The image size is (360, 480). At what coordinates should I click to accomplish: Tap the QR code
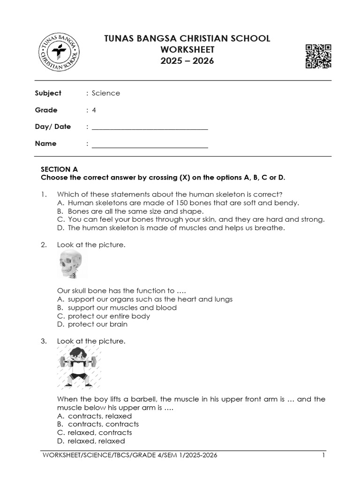pyautogui.click(x=318, y=56)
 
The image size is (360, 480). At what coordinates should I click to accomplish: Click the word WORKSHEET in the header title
pyautogui.click(x=187, y=50)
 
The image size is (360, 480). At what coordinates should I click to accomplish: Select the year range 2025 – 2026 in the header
pyautogui.click(x=187, y=61)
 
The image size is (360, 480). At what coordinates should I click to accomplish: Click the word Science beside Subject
pyautogui.click(x=106, y=93)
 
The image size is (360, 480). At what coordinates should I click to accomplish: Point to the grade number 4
pyautogui.click(x=94, y=110)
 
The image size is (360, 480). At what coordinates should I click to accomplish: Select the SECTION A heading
pyautogui.click(x=59, y=169)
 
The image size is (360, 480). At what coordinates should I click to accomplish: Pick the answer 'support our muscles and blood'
pyautogui.click(x=122, y=308)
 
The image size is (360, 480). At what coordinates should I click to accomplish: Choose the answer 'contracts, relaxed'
pyautogui.click(x=99, y=416)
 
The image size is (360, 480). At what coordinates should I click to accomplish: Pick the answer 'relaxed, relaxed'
pyautogui.click(x=96, y=441)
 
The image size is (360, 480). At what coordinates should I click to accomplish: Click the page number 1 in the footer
pyautogui.click(x=323, y=455)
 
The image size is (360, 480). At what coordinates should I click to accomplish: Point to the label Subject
pyautogui.click(x=48, y=93)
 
